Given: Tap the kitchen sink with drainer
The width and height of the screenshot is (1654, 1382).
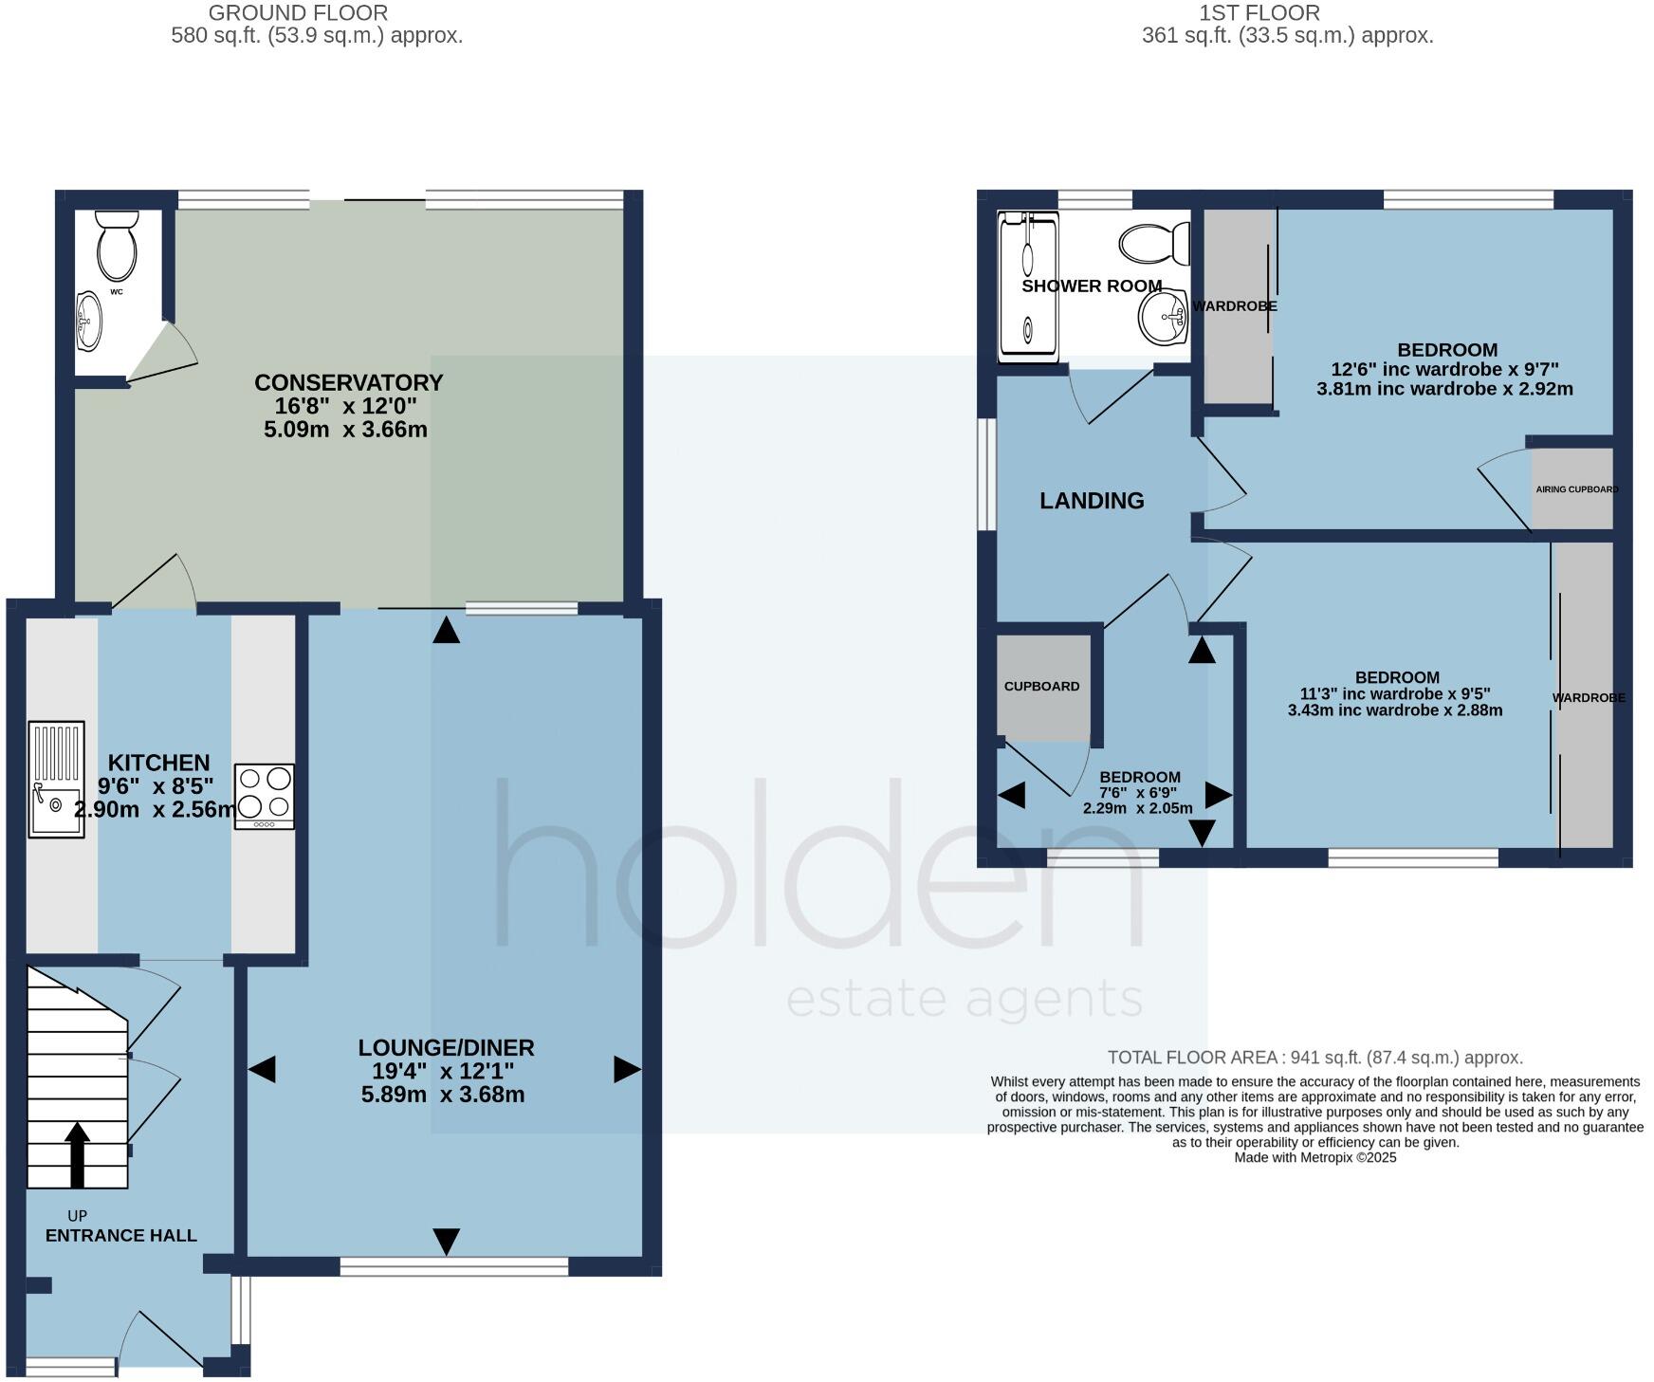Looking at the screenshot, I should point(56,780).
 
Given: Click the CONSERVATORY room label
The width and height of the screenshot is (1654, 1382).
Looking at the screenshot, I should point(348,383).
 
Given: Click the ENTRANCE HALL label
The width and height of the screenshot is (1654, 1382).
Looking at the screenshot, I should point(121,1236).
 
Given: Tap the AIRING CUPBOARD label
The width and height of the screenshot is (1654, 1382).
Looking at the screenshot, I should point(1576,489).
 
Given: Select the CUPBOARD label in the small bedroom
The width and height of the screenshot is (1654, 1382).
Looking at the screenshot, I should point(1041,687).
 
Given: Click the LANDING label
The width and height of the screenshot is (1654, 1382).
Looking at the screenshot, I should point(1092,501).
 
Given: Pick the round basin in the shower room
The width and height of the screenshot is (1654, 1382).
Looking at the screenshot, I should point(1163,317).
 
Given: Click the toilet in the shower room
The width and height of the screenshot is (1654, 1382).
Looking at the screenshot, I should point(1154,245).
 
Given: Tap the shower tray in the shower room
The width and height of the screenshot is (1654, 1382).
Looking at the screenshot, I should point(1027,286).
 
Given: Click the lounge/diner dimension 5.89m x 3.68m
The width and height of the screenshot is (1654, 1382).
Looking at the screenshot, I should point(443,1096).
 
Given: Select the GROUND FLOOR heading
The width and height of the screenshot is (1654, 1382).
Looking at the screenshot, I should point(298,13).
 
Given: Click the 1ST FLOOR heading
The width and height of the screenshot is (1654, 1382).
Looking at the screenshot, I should point(1259,13).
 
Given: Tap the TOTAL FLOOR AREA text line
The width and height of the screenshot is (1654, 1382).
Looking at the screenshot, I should point(1314,1058).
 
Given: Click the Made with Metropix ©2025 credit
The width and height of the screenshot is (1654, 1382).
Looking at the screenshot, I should point(1314,1158).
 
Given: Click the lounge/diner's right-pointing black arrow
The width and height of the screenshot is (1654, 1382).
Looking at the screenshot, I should point(627,1070).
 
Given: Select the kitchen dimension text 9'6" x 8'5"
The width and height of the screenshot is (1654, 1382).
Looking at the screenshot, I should point(156,786).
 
